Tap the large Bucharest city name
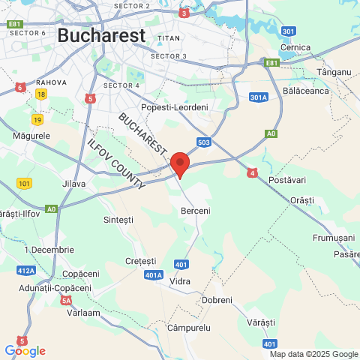101,35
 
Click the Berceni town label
196,211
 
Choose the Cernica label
295,47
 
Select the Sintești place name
118,220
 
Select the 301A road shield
258,97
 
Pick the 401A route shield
154,275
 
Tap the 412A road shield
25,270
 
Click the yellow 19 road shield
37,119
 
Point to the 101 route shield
25,183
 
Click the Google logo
25,351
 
